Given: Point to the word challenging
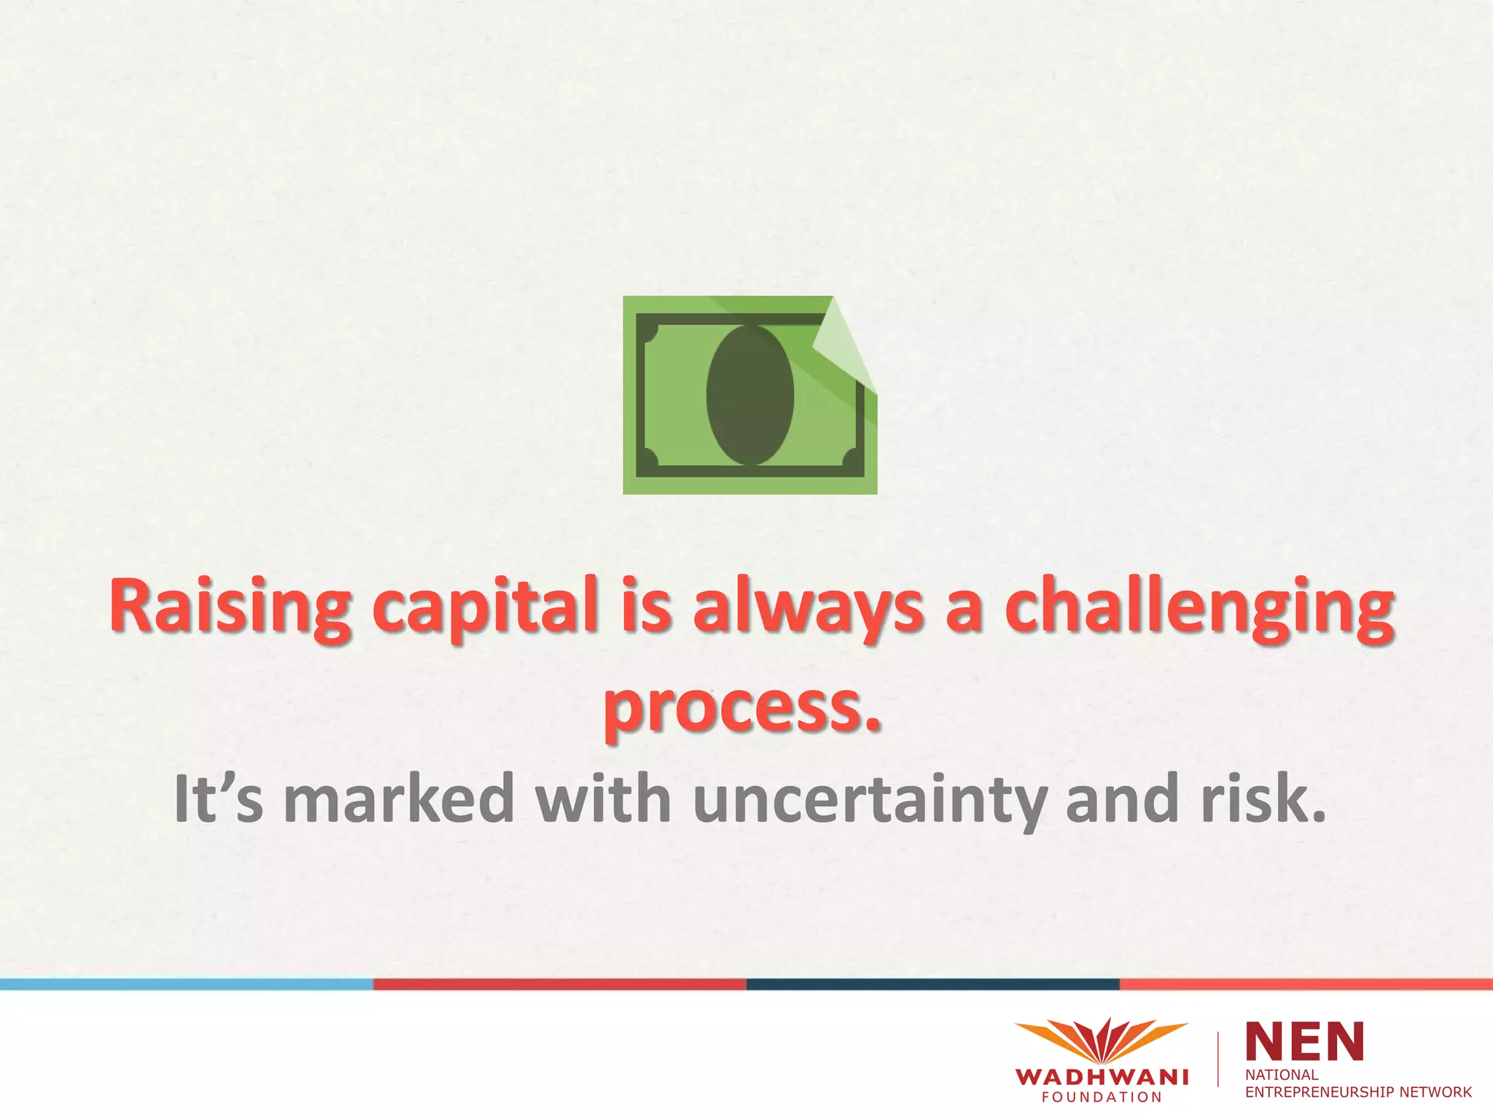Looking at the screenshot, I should tap(1199, 607).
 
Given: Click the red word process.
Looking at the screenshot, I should tap(742, 707).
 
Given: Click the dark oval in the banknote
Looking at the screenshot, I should tap(749, 394).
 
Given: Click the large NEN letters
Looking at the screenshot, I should tap(1304, 1041).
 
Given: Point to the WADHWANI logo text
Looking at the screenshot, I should tap(1101, 1077).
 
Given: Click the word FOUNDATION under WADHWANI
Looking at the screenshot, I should tap(1101, 1097).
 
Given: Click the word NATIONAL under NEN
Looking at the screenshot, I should tap(1282, 1075).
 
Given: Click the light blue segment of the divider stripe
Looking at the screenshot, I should tap(187, 984).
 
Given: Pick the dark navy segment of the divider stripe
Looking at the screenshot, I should tap(933, 984).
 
